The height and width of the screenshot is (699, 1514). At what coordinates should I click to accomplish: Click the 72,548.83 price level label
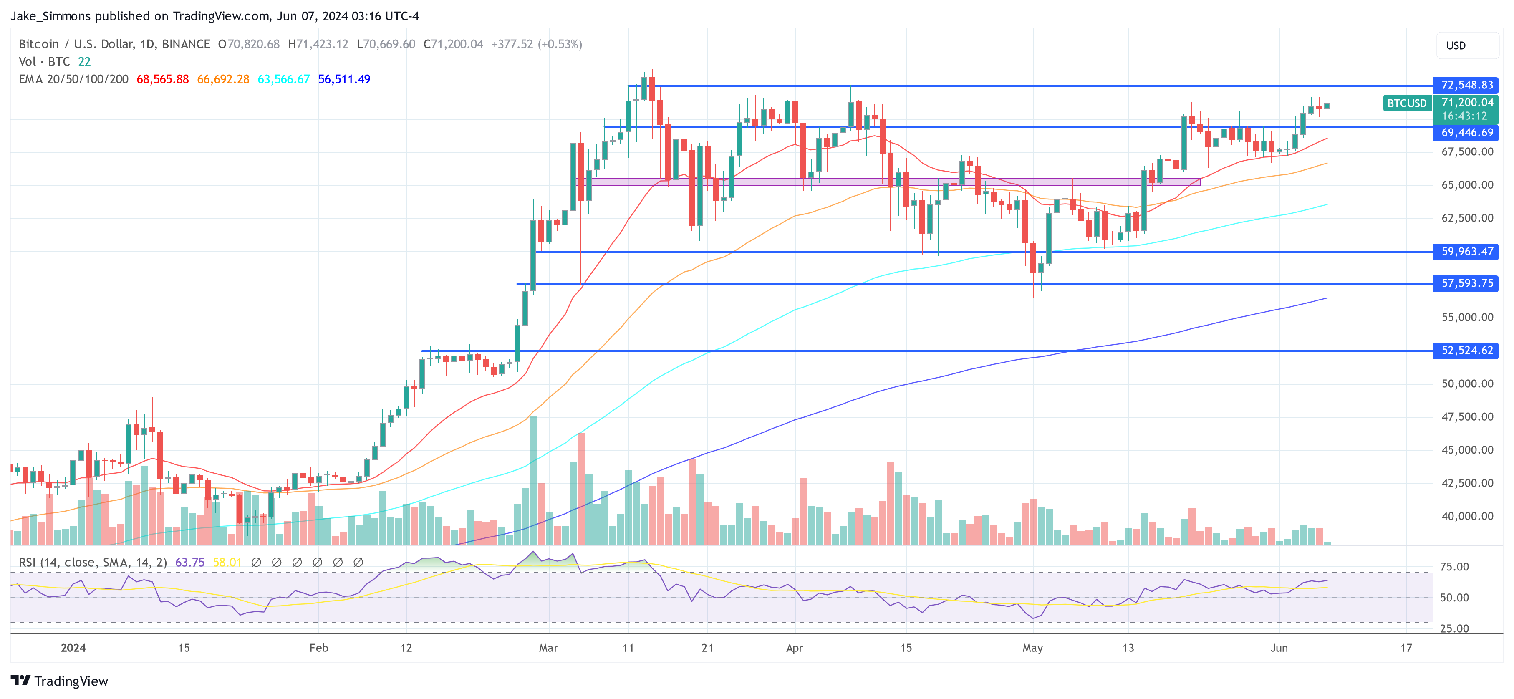pos(1466,85)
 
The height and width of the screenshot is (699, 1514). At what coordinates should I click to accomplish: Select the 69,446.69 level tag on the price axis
pos(1466,133)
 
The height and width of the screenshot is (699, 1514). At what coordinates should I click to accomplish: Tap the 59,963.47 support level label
pos(1466,252)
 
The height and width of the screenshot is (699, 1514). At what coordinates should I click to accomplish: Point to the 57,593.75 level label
pos(1466,283)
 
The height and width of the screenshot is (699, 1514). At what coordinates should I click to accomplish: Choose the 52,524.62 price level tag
pos(1466,351)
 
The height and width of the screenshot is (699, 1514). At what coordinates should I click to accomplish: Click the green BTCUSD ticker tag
pos(1406,103)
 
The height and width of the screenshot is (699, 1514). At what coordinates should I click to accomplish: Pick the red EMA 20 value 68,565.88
pos(162,79)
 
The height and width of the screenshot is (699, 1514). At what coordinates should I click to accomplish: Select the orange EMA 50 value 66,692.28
pos(223,79)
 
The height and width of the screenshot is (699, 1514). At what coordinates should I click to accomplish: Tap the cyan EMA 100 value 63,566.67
pos(283,79)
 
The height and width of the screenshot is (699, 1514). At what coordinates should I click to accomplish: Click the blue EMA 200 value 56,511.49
pos(344,79)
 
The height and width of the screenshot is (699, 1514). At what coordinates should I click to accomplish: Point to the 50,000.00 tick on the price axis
pos(1467,384)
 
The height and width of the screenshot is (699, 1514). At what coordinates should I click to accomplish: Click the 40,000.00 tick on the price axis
pos(1467,516)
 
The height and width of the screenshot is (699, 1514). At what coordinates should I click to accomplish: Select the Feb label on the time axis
pos(318,648)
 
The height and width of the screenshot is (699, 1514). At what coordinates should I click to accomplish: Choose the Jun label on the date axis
pos(1279,648)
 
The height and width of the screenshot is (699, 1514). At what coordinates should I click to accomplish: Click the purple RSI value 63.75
pos(190,563)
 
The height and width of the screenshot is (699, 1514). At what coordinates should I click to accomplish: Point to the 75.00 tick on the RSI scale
pos(1454,567)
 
